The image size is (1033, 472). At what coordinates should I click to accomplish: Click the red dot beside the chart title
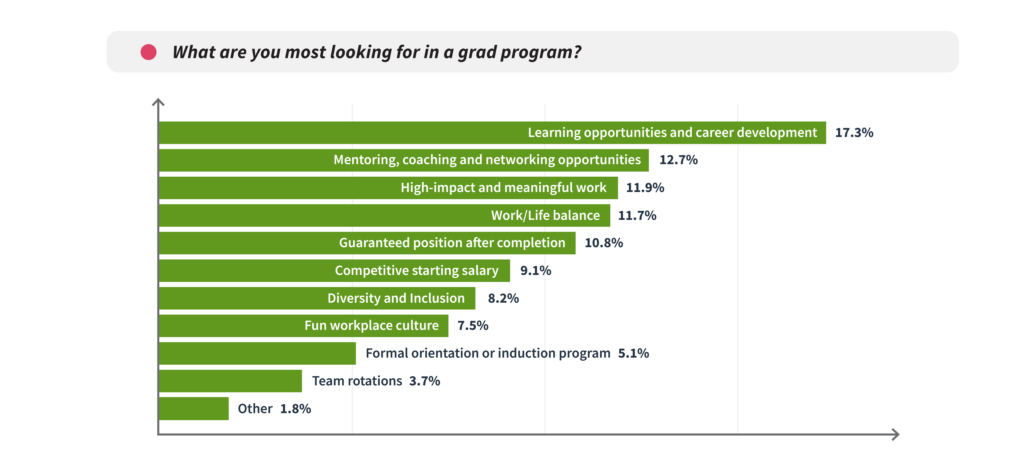click(148, 52)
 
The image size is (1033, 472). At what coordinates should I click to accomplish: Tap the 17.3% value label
click(854, 132)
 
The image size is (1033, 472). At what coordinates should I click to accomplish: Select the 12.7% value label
click(678, 160)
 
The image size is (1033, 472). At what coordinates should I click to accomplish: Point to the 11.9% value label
click(645, 187)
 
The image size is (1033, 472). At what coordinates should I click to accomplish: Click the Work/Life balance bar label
click(545, 216)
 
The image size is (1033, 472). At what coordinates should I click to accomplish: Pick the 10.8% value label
click(604, 243)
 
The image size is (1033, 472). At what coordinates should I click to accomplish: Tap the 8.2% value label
click(503, 298)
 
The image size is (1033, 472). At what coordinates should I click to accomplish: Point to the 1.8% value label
click(296, 409)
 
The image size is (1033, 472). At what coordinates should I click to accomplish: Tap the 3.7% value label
click(425, 381)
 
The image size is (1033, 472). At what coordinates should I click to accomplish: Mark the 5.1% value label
click(634, 353)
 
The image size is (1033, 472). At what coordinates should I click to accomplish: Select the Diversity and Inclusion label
click(396, 298)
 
